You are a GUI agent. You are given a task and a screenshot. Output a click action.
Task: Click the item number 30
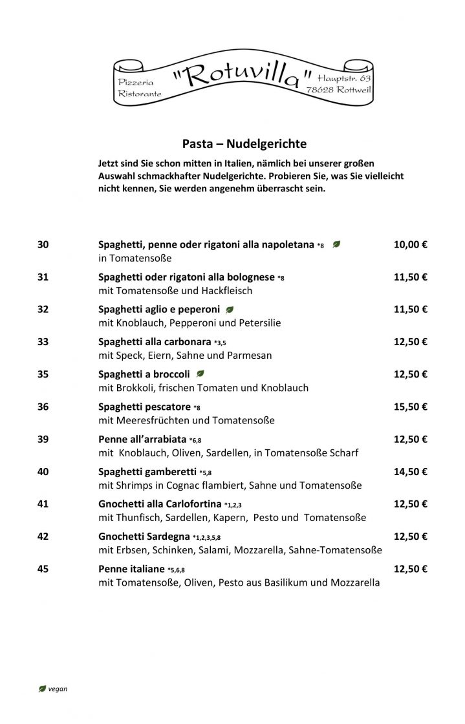point(43,244)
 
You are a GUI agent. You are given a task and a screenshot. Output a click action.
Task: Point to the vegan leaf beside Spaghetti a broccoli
point(200,374)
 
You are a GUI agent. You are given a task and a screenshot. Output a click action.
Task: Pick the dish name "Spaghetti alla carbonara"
point(146,341)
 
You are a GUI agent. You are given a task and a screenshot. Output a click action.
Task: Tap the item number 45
point(43,569)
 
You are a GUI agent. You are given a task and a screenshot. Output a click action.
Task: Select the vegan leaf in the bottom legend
point(43,688)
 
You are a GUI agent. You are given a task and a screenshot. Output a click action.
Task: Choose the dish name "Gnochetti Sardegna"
point(144,536)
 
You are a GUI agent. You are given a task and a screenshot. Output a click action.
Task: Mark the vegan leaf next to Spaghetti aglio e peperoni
point(230,309)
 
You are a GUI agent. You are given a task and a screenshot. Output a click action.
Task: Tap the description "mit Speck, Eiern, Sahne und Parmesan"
point(184,356)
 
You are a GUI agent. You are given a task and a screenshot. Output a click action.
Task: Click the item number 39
point(43,439)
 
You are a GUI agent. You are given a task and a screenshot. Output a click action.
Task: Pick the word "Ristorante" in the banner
point(140,94)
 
